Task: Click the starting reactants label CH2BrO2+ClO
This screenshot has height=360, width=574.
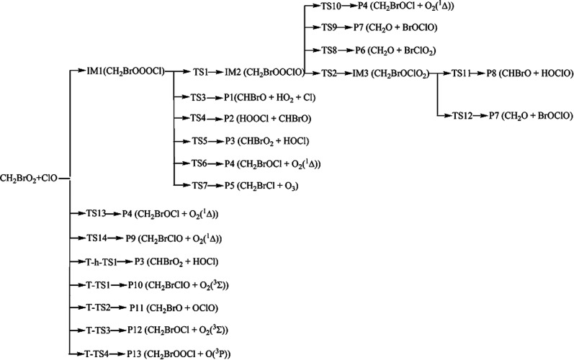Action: tap(35, 176)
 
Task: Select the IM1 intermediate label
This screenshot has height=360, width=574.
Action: tap(127, 72)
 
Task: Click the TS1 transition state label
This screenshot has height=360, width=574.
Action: tap(199, 73)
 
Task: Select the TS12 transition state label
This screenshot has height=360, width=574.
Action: tap(464, 115)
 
